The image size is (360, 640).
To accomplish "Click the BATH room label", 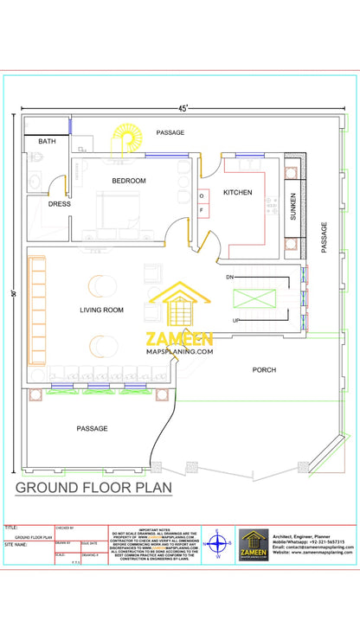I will (x=47, y=141).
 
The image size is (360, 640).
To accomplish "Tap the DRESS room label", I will (x=59, y=204).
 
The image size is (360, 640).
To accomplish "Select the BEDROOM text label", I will (x=128, y=181).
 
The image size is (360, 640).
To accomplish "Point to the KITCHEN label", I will (x=237, y=192).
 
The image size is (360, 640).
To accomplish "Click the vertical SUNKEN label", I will (x=293, y=205).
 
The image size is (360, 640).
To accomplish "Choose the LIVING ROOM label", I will (x=101, y=310).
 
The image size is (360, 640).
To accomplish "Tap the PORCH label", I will (x=264, y=369).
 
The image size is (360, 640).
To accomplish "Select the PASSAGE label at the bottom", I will (x=92, y=428).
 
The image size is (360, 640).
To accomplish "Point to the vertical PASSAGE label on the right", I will (x=325, y=237).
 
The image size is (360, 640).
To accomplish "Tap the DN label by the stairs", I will (x=229, y=277).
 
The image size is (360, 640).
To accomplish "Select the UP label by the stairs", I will (x=235, y=321).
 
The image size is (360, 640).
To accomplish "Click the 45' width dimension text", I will (x=184, y=109).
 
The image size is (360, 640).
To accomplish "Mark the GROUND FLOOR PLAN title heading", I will (x=93, y=489).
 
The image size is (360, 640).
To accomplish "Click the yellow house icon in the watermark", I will (x=180, y=305).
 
